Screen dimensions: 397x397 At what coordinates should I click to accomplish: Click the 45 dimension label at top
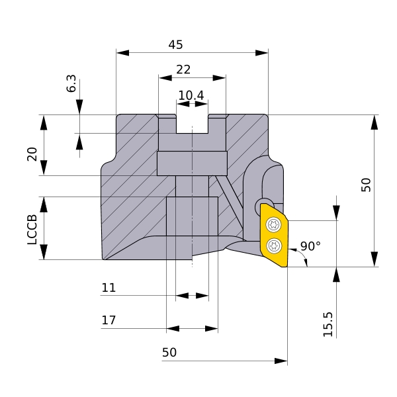point(175,45)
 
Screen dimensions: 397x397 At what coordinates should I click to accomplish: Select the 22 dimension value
point(183,69)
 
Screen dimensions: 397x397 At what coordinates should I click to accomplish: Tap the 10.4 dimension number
point(191,95)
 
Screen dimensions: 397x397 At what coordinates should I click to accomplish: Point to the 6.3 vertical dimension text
point(71,83)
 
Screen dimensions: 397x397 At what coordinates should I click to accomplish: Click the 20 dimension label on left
point(32,154)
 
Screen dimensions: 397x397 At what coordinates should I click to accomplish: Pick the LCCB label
point(32,230)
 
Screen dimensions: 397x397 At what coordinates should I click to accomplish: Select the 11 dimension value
point(109,288)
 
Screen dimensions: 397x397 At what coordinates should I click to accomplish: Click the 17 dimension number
point(109,320)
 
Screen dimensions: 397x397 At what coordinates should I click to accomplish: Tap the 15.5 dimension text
point(328,324)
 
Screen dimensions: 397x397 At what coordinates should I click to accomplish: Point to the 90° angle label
point(310,246)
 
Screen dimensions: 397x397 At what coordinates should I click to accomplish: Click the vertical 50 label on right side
point(366,185)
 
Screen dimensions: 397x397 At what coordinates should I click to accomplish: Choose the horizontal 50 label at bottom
point(169,353)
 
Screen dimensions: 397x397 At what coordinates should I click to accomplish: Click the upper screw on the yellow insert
point(274,224)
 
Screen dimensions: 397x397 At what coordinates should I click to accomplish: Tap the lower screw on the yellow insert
point(274,245)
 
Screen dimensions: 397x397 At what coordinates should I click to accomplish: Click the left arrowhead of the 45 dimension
point(122,53)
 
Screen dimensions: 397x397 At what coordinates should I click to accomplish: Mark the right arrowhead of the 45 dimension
point(262,53)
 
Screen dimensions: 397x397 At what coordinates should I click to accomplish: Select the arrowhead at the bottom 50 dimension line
point(281,361)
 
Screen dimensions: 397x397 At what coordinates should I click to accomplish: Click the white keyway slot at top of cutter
point(192,124)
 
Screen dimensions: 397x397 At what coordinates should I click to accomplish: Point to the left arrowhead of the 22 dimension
point(165,78)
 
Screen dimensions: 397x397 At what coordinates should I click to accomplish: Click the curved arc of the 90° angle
point(302,256)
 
